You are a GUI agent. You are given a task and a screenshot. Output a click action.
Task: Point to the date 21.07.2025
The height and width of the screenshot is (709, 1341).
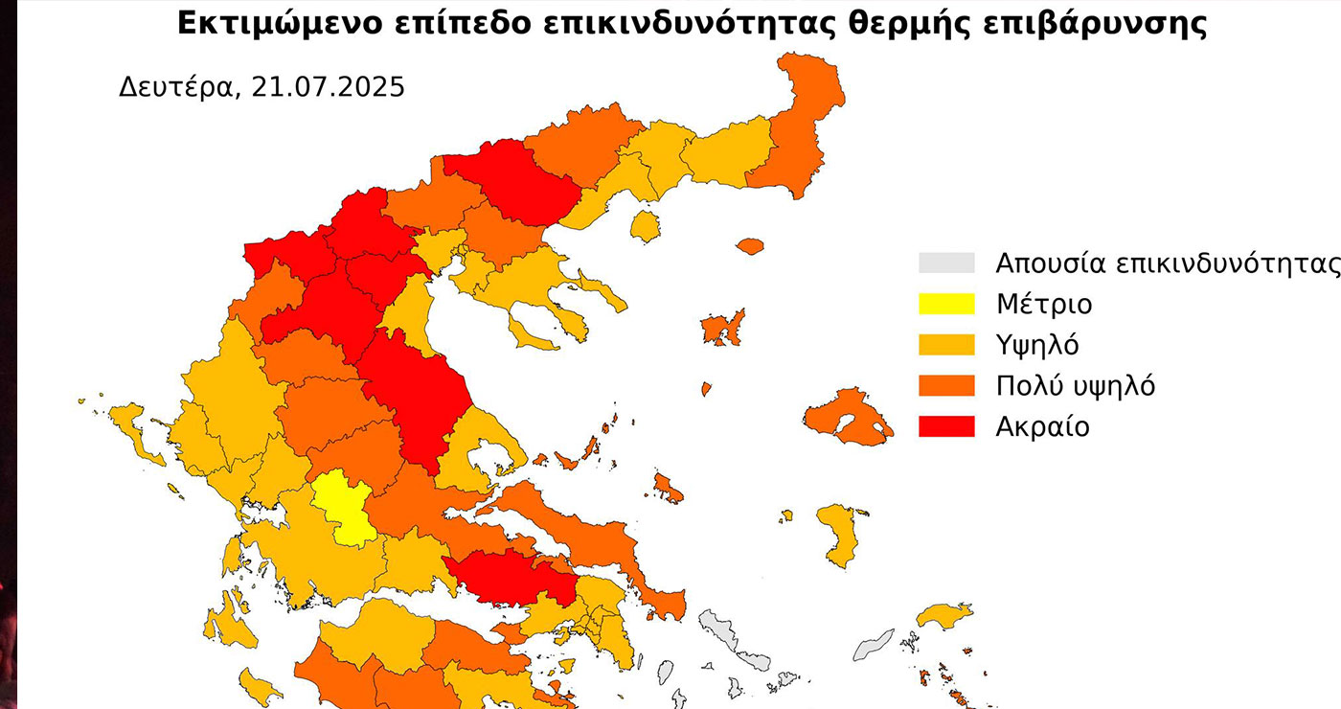[x=328, y=87]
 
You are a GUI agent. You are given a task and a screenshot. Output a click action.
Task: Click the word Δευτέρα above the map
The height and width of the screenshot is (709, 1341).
[x=176, y=87]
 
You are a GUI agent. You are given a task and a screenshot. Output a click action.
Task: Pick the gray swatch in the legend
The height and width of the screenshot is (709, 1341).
[x=945, y=263]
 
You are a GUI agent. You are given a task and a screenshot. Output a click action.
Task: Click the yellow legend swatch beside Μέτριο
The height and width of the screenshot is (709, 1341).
[x=945, y=305]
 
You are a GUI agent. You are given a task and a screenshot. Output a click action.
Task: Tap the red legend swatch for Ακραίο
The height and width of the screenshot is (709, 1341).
[x=945, y=426]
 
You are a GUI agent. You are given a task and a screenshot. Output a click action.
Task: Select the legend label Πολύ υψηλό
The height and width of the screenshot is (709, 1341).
[x=1075, y=386]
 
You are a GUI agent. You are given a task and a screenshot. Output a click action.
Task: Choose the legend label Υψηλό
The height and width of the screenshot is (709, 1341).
[x=1036, y=345]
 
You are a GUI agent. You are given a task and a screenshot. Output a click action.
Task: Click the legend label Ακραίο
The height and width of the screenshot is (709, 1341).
[x=1042, y=426]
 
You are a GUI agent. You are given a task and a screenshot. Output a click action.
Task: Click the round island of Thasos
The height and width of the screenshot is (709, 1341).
[x=646, y=227]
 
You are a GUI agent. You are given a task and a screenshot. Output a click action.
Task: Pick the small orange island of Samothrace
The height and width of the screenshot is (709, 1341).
[x=750, y=246]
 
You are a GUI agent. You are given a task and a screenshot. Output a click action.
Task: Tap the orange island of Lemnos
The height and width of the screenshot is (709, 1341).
[x=723, y=328]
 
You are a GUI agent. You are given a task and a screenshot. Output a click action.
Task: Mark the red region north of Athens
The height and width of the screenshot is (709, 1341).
[x=508, y=576]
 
